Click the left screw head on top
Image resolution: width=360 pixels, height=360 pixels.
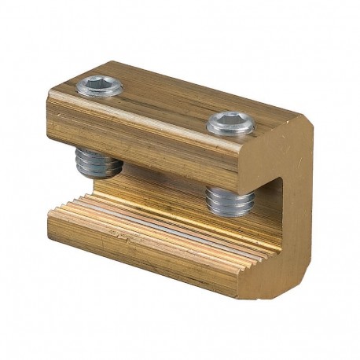pyautogui.click(x=100, y=86)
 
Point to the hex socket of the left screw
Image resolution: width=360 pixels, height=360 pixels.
pyautogui.click(x=100, y=84)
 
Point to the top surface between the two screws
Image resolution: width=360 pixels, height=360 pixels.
pyautogui.click(x=165, y=98)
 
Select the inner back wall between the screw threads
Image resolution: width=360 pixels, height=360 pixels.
pyautogui.click(x=165, y=181)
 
